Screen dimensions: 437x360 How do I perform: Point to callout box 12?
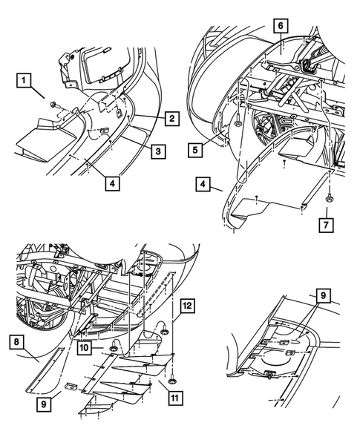[x=187, y=304]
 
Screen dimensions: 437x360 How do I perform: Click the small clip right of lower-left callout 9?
[x=73, y=385]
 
